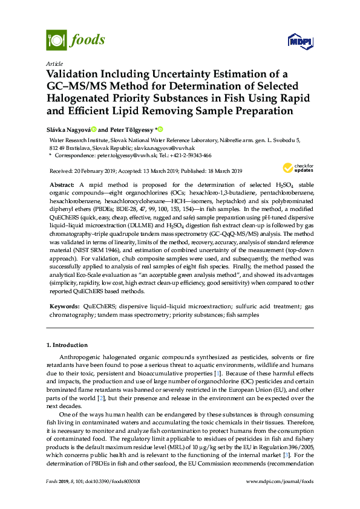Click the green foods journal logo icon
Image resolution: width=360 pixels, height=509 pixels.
[x=56, y=41]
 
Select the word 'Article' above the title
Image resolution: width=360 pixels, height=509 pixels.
[x=54, y=63]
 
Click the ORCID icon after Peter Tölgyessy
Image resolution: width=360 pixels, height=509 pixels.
[x=161, y=129]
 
